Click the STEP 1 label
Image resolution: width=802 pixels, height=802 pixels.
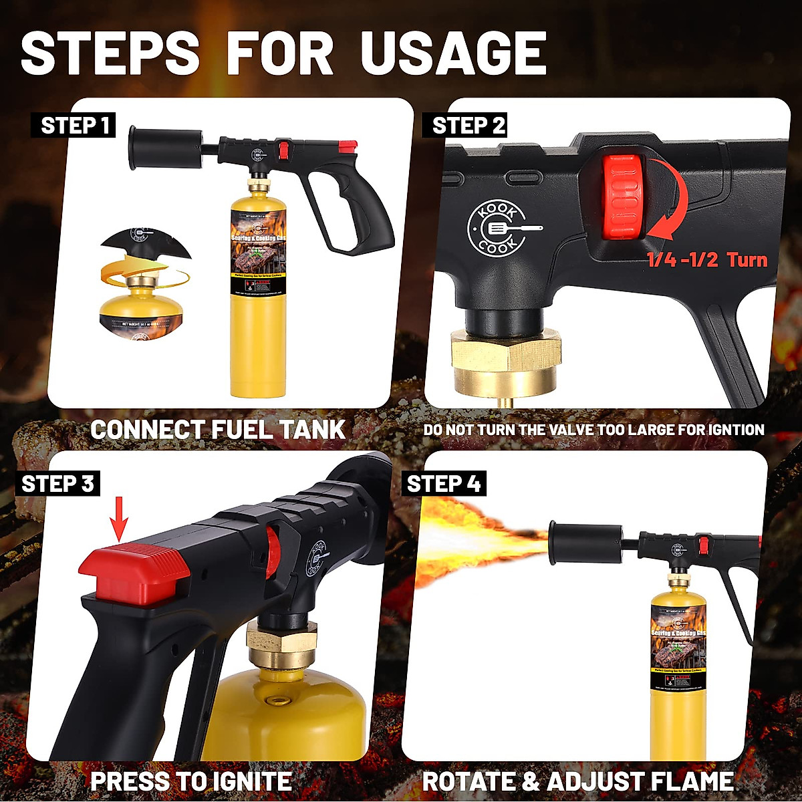coord(74,126)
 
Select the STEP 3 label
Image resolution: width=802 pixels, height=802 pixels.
coord(58,484)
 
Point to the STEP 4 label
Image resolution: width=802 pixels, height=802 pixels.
coord(444,484)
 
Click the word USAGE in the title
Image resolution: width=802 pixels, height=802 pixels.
coord(454,53)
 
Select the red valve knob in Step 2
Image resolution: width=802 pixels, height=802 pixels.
coord(622,196)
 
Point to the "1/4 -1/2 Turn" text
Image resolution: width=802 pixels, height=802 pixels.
coord(707,259)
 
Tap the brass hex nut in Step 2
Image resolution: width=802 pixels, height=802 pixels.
coord(506,358)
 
